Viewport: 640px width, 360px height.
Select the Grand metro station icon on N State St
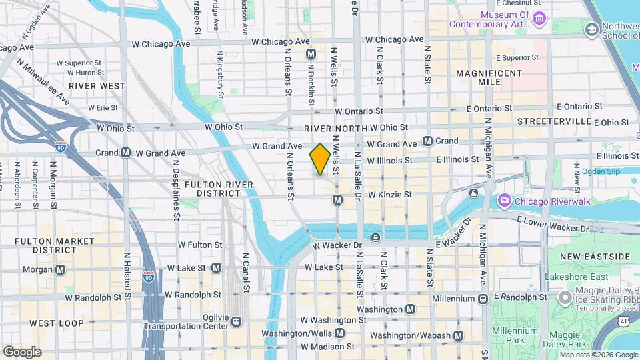click(428, 141)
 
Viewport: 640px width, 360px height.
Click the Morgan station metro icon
click(61, 269)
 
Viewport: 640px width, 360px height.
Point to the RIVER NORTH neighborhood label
click(335, 128)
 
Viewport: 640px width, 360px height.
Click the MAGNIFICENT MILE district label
click(489, 77)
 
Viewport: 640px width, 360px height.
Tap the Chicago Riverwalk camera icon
click(504, 200)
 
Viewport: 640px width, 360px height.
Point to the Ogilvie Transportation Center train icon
click(236, 322)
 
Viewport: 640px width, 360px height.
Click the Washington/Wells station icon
click(340, 333)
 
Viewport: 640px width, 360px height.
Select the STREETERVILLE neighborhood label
click(554, 121)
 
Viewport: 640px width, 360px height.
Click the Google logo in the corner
click(21, 351)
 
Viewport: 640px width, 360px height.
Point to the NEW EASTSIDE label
click(595, 257)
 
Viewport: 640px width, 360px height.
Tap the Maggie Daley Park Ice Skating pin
click(565, 296)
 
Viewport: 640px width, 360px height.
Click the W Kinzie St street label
click(393, 196)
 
